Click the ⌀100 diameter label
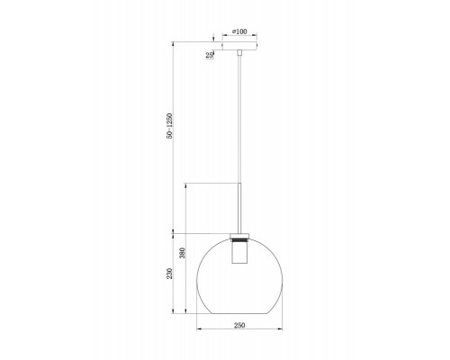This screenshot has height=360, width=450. point(239,31)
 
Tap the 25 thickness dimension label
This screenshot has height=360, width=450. point(209,55)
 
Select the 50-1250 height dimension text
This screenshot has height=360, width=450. point(170,126)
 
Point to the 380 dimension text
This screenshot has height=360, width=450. point(183,253)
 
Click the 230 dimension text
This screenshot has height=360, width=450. point(170,274)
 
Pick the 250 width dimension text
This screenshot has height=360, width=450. point(239,325)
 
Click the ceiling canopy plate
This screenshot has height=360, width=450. point(239,46)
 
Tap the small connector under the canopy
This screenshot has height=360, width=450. point(239,53)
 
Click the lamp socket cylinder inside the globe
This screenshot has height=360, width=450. point(239,253)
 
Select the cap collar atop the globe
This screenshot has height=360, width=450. point(239,236)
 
